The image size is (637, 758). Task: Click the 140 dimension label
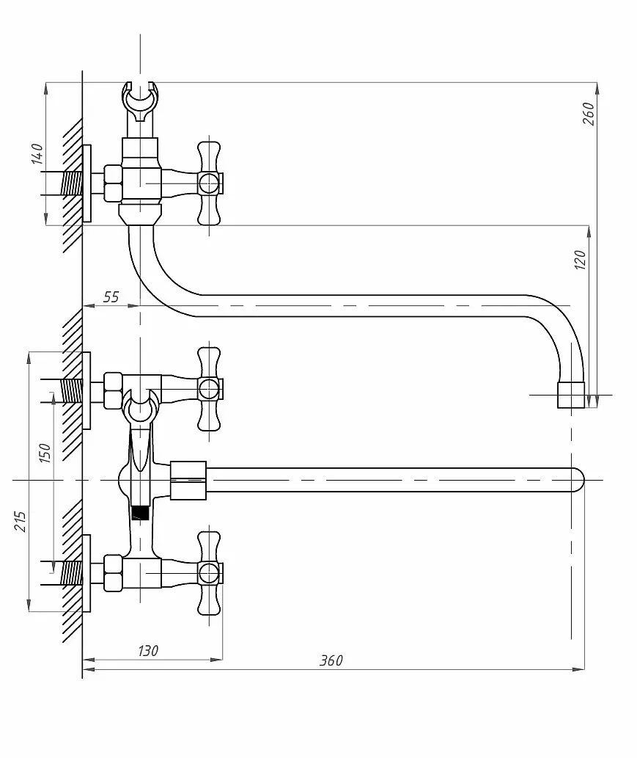pos(37,153)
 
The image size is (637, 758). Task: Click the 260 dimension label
pos(589,114)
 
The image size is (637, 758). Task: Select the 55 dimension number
pos(111,297)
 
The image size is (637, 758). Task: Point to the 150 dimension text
pos(45,453)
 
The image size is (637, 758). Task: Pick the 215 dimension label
pos(20,521)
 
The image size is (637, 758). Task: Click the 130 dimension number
pos(148,651)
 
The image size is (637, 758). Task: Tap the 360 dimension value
pos(331,660)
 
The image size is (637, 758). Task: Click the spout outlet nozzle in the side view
pos(571,395)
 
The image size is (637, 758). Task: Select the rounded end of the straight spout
pos(578,480)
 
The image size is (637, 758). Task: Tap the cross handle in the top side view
pos(210,183)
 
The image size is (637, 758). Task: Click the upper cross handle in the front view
pos(210,389)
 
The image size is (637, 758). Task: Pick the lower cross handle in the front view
pos(210,573)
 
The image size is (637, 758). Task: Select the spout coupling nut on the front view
pos(188,480)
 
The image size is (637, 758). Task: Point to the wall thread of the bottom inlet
pos(72,573)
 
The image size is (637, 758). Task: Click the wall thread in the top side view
pos(72,183)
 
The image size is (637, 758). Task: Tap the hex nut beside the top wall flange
pos(113,183)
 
